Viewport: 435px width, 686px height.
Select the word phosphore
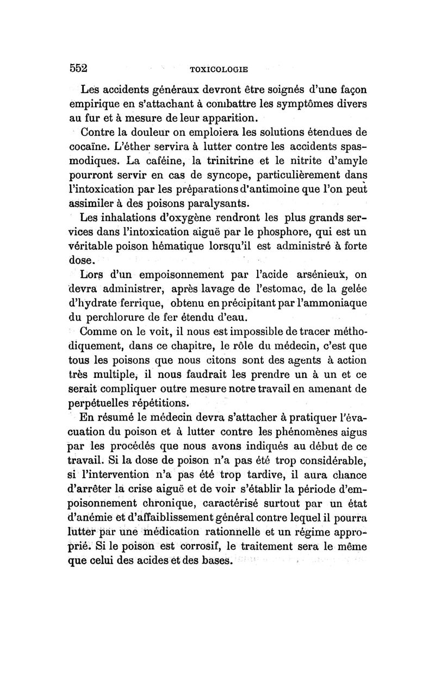[291, 233]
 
